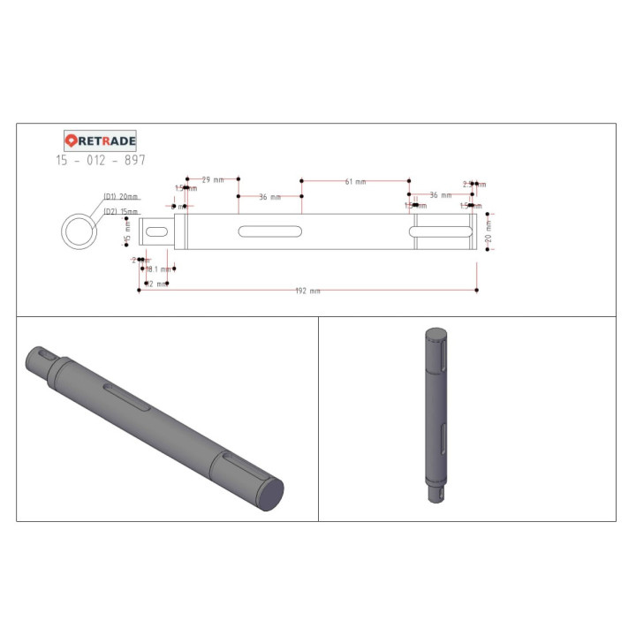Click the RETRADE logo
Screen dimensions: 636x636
101,140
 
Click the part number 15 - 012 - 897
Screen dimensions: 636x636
101,160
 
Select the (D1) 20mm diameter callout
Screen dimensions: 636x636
121,196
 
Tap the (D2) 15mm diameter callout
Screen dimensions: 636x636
121,212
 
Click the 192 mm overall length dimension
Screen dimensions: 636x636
308,291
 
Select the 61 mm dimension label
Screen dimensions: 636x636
355,181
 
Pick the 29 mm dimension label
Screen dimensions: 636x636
212,179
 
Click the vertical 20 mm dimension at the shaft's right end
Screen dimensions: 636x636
488,232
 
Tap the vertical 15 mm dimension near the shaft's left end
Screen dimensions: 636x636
127,233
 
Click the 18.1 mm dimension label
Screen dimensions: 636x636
159,269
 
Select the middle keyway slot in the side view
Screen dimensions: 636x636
269,232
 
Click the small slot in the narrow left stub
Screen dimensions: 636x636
157,231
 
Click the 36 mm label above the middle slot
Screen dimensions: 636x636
269,197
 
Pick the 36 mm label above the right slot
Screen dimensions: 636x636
440,194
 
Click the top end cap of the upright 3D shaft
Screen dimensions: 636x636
435,334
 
